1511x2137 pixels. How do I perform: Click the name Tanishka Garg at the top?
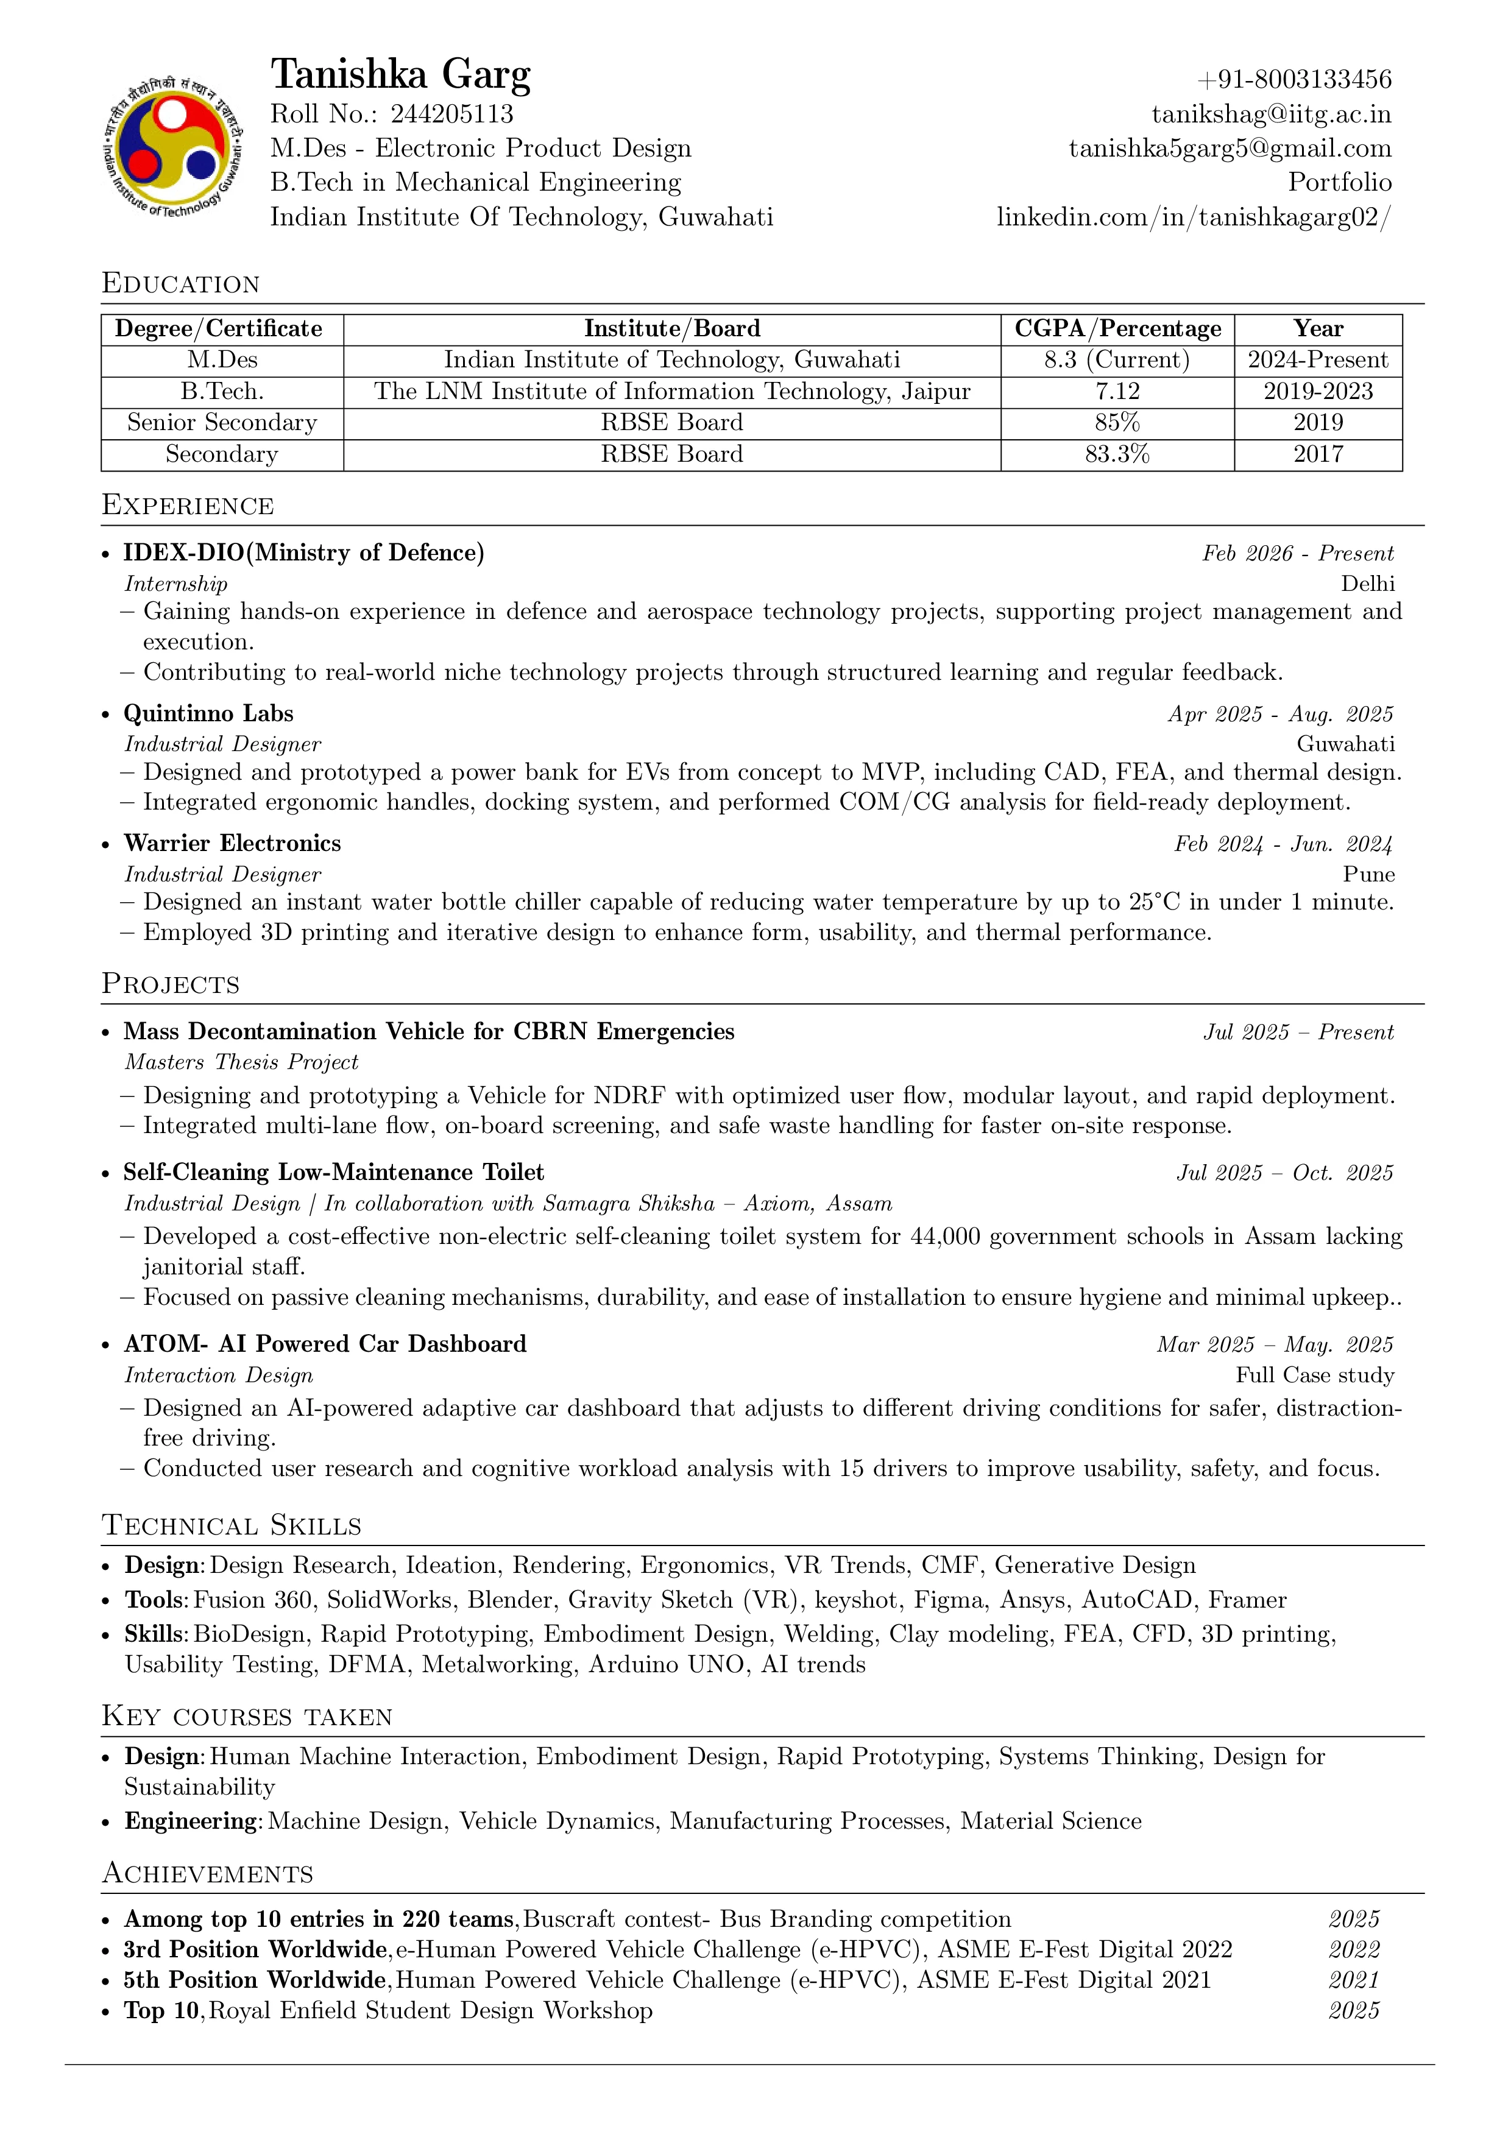pyautogui.click(x=400, y=74)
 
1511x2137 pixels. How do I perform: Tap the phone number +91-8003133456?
pyautogui.click(x=1294, y=80)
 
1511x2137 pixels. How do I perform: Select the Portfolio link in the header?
pyautogui.click(x=1340, y=182)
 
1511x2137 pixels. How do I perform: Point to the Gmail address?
pyautogui.click(x=1230, y=149)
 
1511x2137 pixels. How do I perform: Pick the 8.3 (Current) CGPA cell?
pyautogui.click(x=1116, y=360)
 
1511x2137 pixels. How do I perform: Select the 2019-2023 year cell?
pyautogui.click(x=1317, y=392)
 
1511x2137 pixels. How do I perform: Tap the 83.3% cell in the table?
pyautogui.click(x=1116, y=454)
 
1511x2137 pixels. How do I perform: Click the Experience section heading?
pyautogui.click(x=188, y=506)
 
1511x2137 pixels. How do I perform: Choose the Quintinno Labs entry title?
pyautogui.click(x=208, y=714)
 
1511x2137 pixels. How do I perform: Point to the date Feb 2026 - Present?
pyautogui.click(x=1298, y=554)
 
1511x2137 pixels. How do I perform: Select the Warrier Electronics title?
pyautogui.click(x=233, y=843)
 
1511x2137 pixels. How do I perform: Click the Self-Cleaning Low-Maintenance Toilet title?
pyautogui.click(x=333, y=1173)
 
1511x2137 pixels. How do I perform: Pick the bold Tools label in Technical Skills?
pyautogui.click(x=157, y=1600)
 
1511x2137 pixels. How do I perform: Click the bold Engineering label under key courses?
pyautogui.click(x=193, y=1821)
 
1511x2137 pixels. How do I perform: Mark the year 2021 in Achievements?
pyautogui.click(x=1354, y=1980)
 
